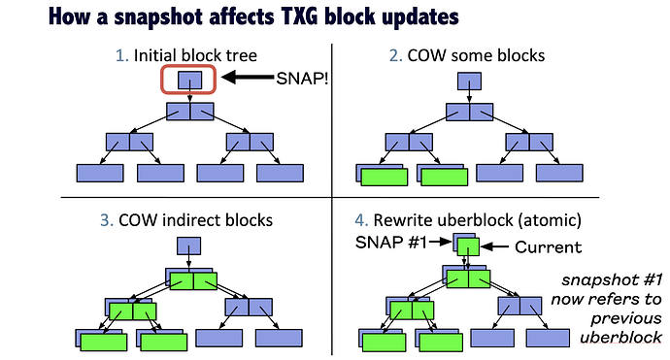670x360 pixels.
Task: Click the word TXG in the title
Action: [x=300, y=16]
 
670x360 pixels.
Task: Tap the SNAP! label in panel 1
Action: [x=302, y=79]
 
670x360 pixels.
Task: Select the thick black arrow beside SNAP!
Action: [x=248, y=78]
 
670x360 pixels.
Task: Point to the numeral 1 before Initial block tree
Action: [x=121, y=55]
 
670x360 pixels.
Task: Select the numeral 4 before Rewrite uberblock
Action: [x=361, y=220]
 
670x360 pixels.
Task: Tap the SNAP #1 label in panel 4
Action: [x=391, y=243]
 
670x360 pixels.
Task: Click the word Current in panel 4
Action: [x=549, y=246]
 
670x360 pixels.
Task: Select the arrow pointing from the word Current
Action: [x=495, y=246]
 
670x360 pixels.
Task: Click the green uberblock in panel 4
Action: [x=468, y=246]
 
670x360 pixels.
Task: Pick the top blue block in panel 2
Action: [x=469, y=81]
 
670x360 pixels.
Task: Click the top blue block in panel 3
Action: [x=189, y=245]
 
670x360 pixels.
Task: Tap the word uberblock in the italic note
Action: [x=620, y=338]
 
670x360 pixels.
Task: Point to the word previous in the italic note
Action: [x=626, y=318]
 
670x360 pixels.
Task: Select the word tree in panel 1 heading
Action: [x=243, y=56]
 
